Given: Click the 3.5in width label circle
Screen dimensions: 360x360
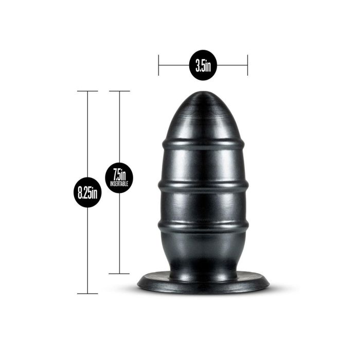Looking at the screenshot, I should pos(203,65).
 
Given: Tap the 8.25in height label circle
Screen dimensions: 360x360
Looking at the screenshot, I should pos(88,193).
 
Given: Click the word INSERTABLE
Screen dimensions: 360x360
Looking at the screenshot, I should pos(119,183).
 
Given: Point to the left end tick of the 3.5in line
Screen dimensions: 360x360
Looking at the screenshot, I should pos(159,65).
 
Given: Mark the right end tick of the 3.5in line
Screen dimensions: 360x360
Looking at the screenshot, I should pos(247,65).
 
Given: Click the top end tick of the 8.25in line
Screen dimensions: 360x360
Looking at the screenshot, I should pos(88,91).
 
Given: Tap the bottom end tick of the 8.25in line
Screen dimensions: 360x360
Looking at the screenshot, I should pos(88,294).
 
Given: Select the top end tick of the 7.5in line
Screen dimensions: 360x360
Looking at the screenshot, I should pos(119,91).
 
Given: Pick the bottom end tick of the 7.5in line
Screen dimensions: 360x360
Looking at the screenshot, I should pos(119,273).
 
